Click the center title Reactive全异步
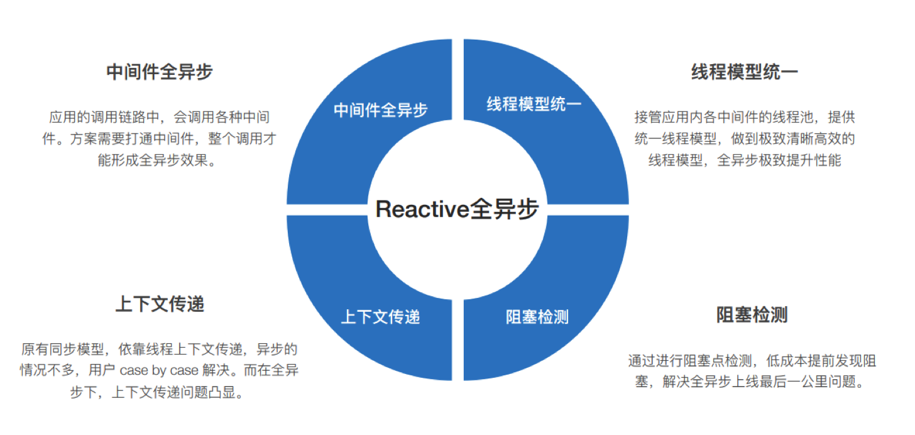[457, 209]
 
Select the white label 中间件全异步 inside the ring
[380, 110]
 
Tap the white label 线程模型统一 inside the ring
[534, 104]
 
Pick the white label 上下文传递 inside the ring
[380, 317]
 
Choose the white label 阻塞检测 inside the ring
[537, 317]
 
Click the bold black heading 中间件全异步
[160, 72]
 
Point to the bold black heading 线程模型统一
[744, 72]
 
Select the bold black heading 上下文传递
[160, 304]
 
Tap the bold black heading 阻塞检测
[752, 315]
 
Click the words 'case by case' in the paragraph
[159, 370]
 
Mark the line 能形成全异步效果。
[157, 160]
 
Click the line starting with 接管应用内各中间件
[744, 117]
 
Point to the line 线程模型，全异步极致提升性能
[744, 160]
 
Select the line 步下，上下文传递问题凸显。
[157, 392]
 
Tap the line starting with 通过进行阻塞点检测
[752, 361]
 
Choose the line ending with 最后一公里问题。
[750, 382]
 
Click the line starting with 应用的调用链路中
[160, 117]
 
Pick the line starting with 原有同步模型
[160, 350]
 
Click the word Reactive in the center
[422, 209]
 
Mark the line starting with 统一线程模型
[744, 139]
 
